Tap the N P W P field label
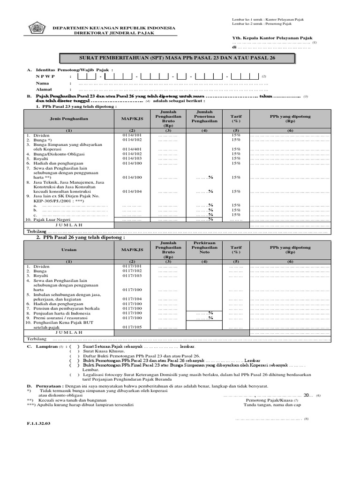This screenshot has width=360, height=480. coord(45,76)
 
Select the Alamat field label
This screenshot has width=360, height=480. coord(44,89)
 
